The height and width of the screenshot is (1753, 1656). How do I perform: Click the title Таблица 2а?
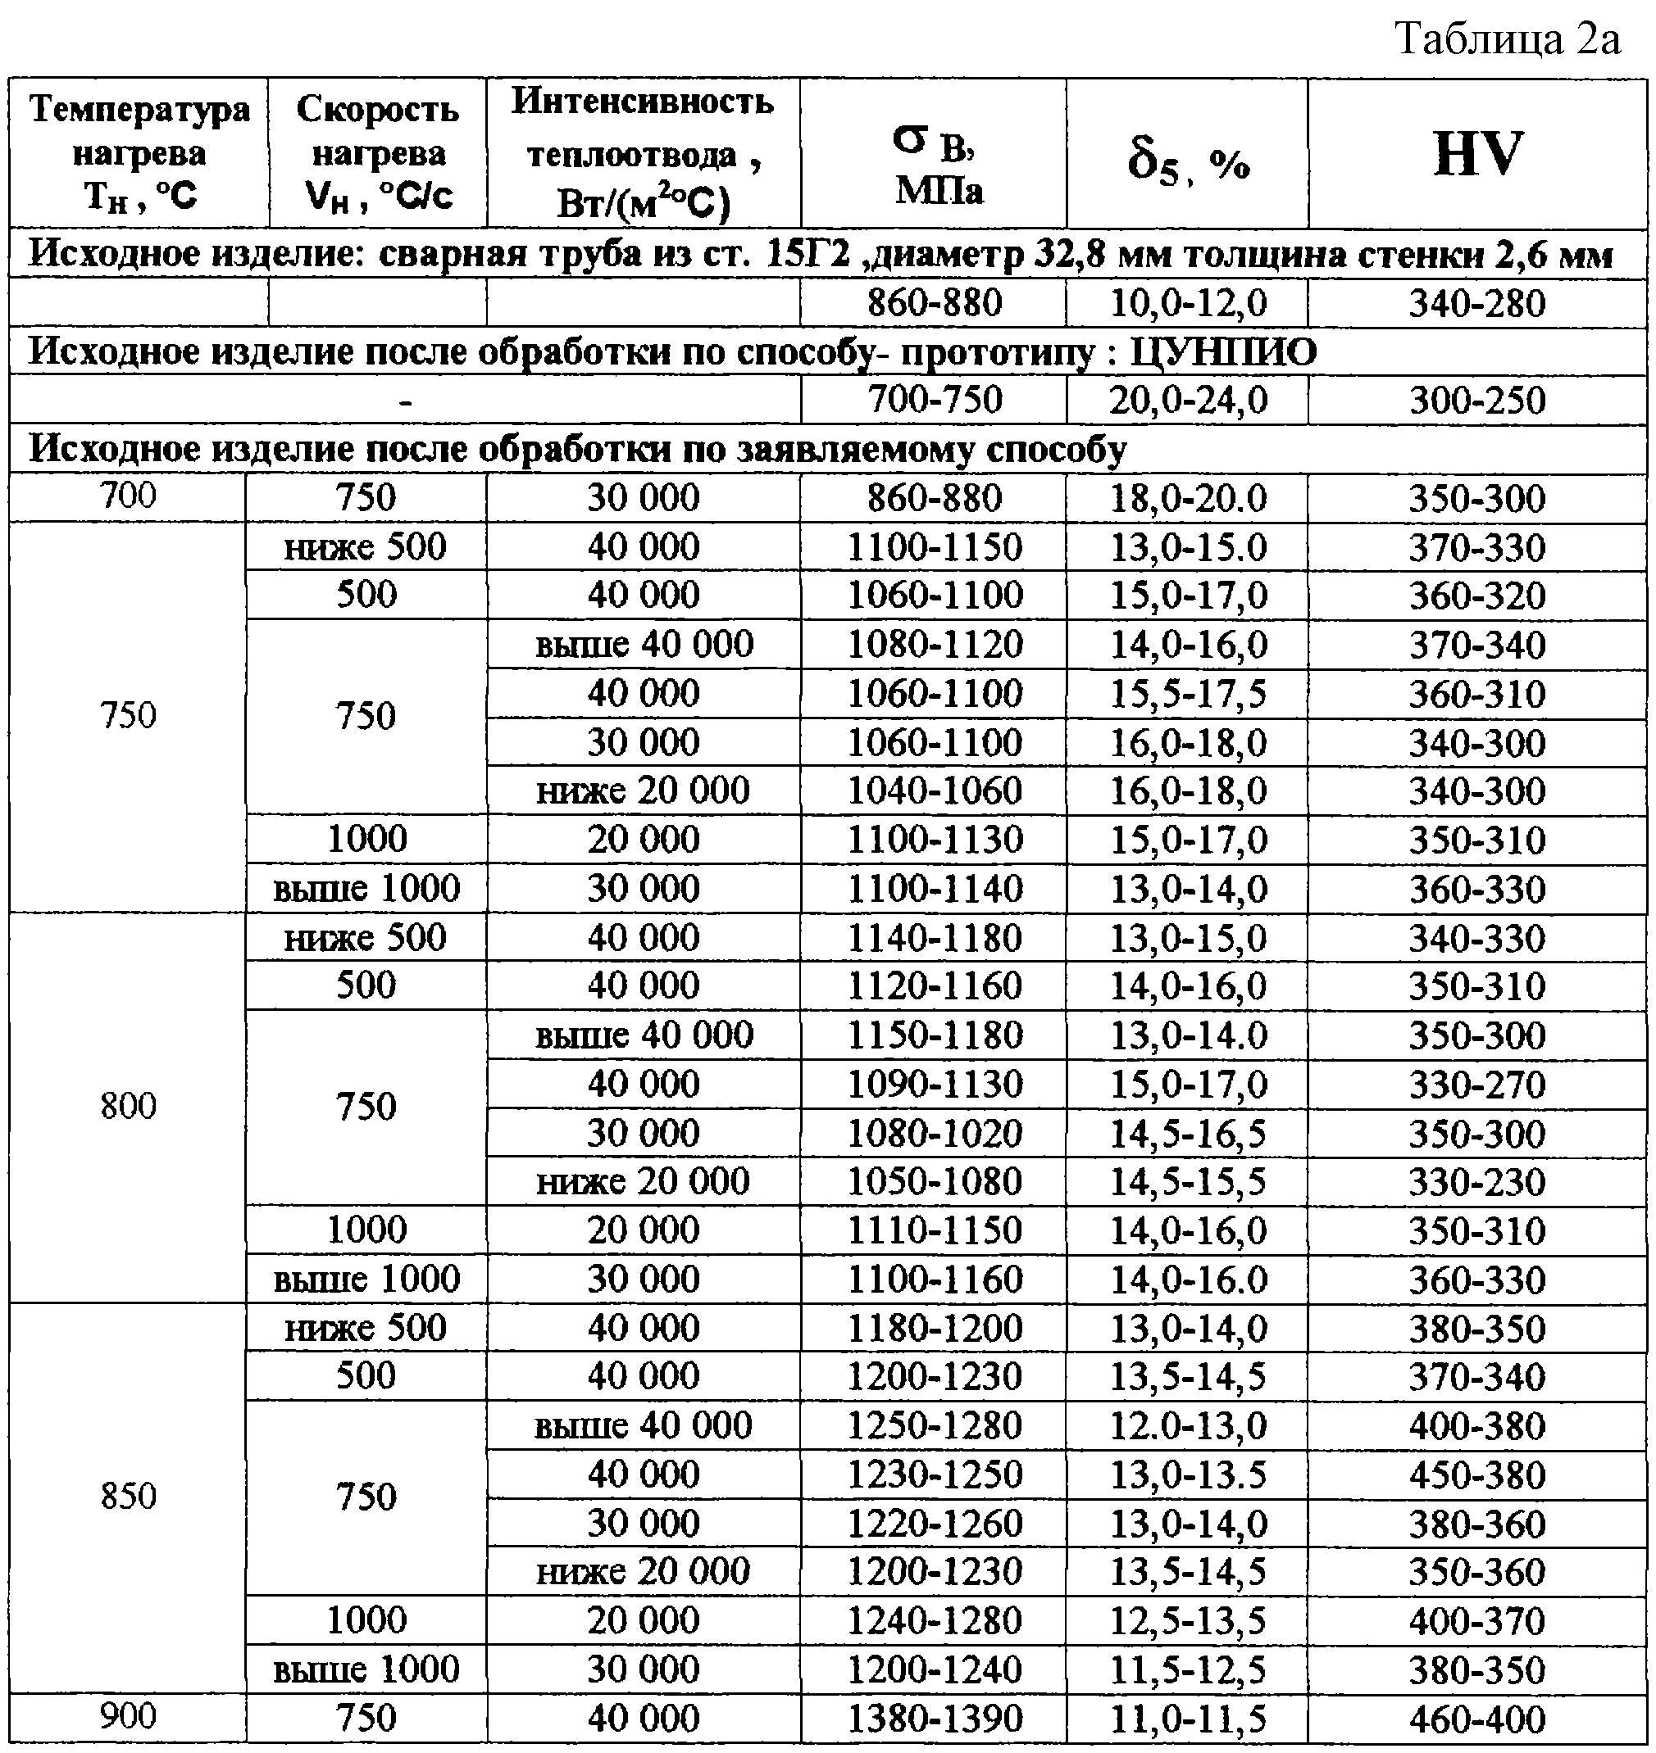(1507, 39)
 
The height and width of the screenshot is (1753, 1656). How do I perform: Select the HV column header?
(1477, 154)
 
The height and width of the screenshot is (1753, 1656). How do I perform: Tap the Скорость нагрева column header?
(378, 152)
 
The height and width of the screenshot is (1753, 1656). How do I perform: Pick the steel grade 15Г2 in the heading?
(808, 255)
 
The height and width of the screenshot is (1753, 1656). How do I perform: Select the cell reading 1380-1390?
(934, 1718)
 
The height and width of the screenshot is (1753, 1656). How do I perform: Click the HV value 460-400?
(1476, 1718)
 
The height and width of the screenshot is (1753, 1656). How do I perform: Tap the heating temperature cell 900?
(128, 1716)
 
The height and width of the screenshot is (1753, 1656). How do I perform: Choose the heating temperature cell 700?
(128, 495)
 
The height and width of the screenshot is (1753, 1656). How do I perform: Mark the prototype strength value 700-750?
(934, 401)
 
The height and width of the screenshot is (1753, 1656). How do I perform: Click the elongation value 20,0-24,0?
(1187, 401)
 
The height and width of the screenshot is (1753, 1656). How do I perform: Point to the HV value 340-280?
(1476, 303)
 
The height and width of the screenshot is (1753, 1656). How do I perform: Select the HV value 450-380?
(1476, 1474)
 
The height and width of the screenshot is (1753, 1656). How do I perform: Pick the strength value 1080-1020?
(934, 1133)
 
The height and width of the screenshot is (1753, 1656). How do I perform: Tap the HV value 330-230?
(1476, 1181)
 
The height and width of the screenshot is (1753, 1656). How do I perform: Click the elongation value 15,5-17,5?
(1187, 694)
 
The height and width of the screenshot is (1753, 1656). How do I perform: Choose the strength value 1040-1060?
(934, 790)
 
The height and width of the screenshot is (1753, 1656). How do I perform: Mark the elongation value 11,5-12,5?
(1187, 1669)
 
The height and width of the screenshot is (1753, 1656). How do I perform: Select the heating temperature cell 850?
(128, 1497)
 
